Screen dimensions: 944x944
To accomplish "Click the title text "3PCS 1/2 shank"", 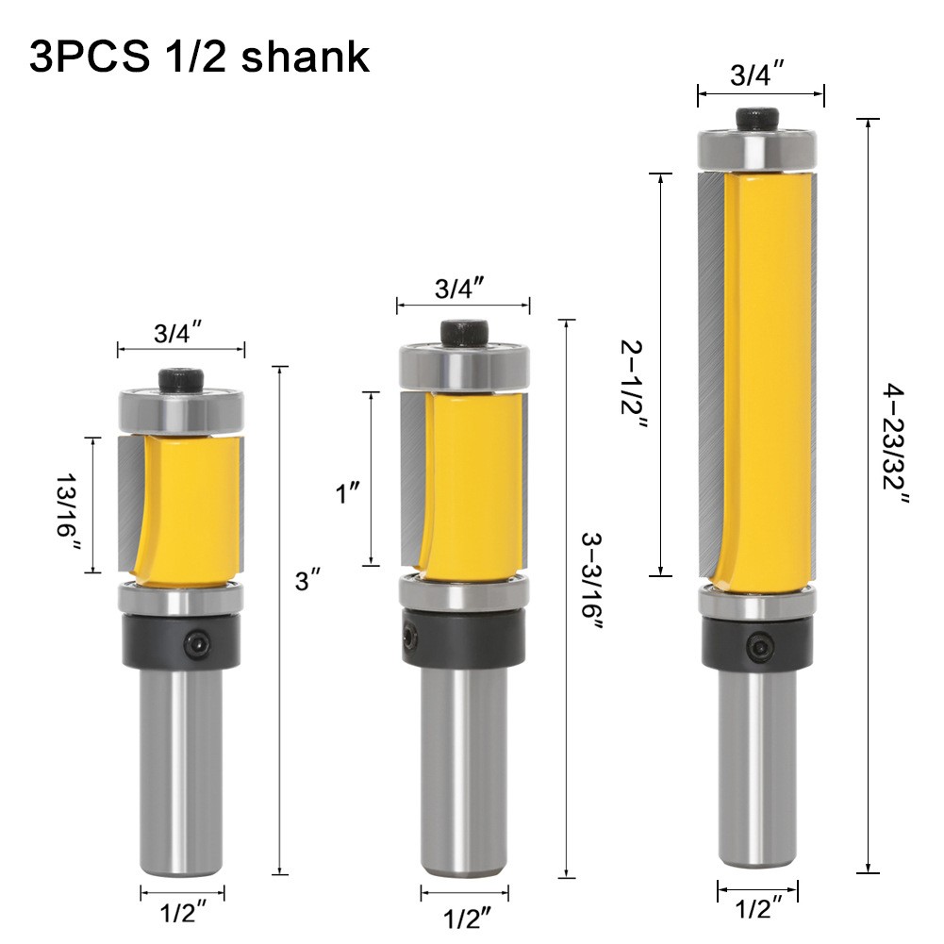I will click(x=199, y=56).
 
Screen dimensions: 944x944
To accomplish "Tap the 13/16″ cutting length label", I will click(x=68, y=505).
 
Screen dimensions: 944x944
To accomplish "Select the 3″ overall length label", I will click(x=303, y=582).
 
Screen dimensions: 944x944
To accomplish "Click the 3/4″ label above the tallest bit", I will click(x=760, y=76).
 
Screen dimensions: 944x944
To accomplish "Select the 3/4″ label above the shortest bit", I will click(x=179, y=333).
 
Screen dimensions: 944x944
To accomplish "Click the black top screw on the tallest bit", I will click(x=760, y=119).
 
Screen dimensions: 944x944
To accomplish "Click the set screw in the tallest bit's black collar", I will click(x=759, y=647).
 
